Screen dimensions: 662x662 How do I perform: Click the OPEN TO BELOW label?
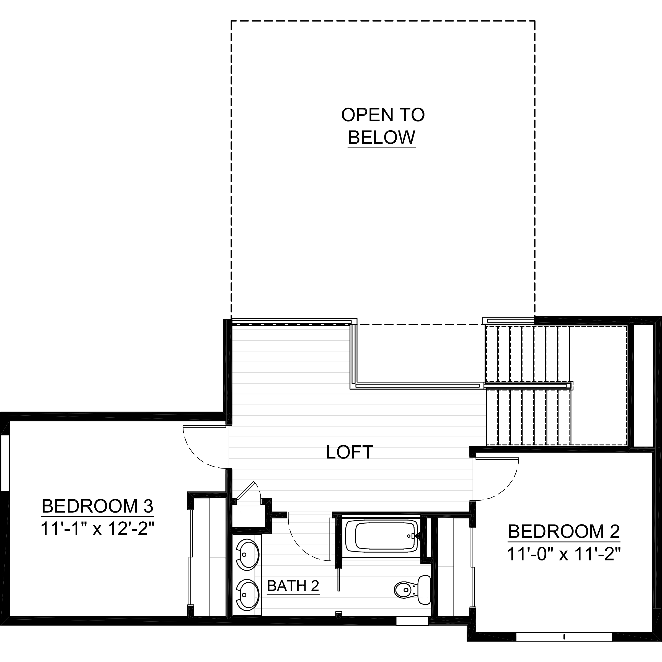pos(382,126)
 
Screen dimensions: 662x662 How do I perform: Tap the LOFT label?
pos(349,452)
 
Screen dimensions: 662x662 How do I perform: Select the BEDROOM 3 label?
pos(98,506)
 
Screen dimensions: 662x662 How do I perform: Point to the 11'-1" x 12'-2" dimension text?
pos(98,529)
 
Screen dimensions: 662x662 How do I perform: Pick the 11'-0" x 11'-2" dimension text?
pos(564,554)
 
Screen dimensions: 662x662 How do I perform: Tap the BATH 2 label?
pos(293,586)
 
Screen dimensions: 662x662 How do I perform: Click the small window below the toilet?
pos(412,621)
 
